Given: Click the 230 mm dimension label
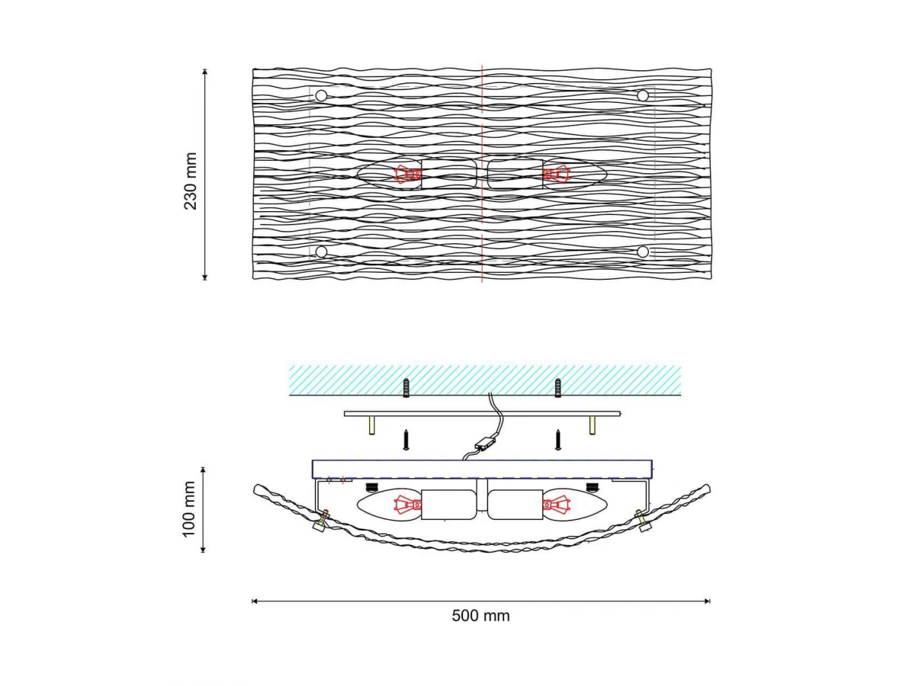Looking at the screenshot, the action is pos(191,181).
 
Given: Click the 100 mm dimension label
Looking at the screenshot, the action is pos(189,509).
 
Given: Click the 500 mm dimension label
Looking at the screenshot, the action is pos(480,616).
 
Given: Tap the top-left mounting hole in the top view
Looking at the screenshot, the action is pos(321,96).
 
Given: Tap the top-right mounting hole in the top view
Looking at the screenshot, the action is pos(643,96).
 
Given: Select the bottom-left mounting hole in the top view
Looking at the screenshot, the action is pos(321,252).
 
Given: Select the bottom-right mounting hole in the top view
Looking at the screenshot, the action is pos(643,252).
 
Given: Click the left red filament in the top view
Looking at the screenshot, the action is pos(408,174).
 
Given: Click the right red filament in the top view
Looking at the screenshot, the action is pos(556,174).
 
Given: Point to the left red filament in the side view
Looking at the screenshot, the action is pos(408,505).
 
